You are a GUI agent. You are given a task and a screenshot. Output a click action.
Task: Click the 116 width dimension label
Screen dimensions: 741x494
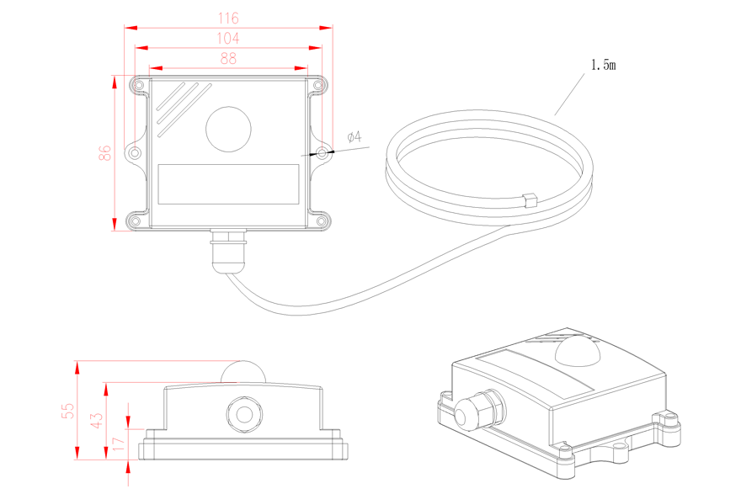pos(228,19)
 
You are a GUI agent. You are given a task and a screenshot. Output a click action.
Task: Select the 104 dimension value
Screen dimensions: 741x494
pos(228,38)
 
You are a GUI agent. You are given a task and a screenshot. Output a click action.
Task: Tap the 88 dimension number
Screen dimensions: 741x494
pos(228,59)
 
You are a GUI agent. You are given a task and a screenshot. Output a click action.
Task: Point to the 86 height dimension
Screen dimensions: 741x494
pos(105,152)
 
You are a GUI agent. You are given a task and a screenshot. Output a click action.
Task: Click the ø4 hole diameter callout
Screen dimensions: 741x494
pos(355,137)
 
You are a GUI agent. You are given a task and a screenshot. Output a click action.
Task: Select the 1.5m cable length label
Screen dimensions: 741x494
pos(604,65)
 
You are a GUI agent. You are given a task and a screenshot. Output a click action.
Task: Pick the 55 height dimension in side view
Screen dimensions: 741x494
pos(68,411)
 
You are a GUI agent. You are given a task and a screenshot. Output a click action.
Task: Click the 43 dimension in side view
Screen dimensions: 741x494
pos(96,420)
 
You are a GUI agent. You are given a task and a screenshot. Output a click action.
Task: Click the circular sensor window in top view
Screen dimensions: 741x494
pos(228,129)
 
